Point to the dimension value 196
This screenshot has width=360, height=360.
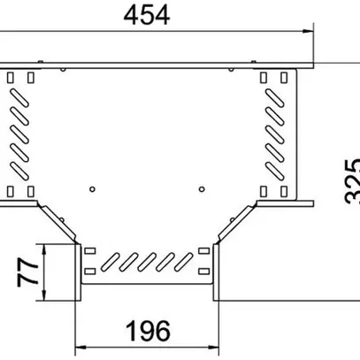(146, 331)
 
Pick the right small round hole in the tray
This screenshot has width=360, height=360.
(202, 188)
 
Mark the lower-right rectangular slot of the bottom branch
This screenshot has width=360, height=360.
(205, 270)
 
